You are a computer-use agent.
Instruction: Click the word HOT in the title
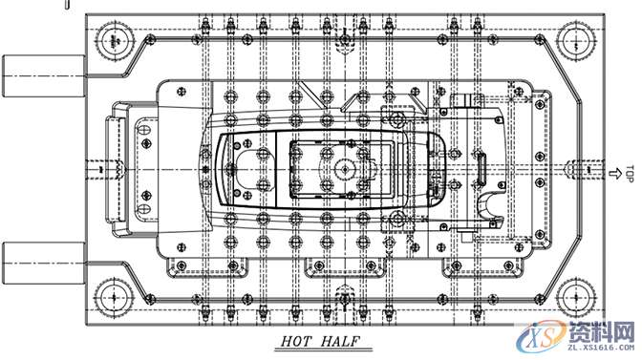tap(296, 341)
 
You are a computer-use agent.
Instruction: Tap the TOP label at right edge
tap(630, 174)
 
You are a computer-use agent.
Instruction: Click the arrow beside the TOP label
tap(614, 174)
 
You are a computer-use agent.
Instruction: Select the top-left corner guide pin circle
tap(115, 41)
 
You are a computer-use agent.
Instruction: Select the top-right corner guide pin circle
tap(577, 42)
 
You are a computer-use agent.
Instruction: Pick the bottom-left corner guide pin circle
tap(115, 297)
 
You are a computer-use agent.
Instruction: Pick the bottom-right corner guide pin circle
tap(577, 297)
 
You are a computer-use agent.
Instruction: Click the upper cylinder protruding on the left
tap(44, 76)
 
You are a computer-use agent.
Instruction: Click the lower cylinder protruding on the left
tap(44, 263)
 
